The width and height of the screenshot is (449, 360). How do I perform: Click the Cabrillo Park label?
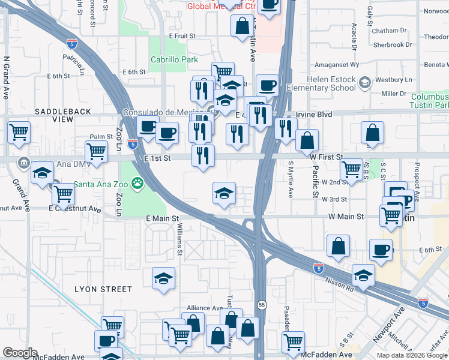(173, 60)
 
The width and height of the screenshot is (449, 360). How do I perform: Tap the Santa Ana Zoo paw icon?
(139, 182)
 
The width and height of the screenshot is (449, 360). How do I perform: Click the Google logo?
(20, 353)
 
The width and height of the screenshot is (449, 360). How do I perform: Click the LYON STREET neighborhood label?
(103, 289)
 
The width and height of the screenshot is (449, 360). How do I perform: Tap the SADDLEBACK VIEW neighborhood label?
(63, 116)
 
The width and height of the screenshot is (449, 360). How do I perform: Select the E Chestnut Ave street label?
(75, 209)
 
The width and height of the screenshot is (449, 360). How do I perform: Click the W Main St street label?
(346, 216)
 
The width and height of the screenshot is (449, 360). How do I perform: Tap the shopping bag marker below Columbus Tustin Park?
(373, 133)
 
